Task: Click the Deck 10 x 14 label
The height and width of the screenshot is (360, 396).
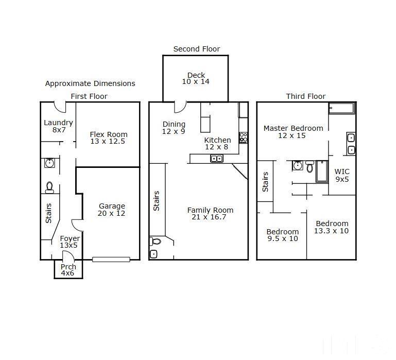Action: click(x=196, y=78)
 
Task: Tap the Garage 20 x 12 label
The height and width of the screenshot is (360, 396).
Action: click(x=112, y=210)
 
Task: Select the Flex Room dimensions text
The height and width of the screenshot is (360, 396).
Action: click(x=108, y=141)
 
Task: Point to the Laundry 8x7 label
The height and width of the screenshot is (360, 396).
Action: click(x=58, y=126)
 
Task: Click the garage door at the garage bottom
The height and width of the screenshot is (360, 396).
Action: click(x=111, y=259)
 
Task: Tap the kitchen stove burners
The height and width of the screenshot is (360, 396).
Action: click(x=243, y=138)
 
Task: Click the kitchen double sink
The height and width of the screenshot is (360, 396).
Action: click(x=217, y=159)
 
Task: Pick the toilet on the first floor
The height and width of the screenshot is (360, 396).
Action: click(x=49, y=187)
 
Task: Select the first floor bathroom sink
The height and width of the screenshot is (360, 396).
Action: click(x=49, y=163)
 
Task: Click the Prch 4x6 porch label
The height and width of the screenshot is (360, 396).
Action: click(x=68, y=270)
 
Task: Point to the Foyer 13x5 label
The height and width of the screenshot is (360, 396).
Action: click(x=70, y=242)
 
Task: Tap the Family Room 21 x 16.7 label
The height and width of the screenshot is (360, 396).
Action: click(x=210, y=213)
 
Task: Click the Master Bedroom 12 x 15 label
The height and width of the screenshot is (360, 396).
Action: click(x=293, y=132)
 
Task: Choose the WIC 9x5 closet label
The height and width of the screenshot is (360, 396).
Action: click(x=342, y=175)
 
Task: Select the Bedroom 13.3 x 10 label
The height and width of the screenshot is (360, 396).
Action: click(x=332, y=227)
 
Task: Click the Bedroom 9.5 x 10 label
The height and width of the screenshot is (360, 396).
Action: click(x=283, y=235)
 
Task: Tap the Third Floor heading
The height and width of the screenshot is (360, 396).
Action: click(x=305, y=96)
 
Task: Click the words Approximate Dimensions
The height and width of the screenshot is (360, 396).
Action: click(x=90, y=83)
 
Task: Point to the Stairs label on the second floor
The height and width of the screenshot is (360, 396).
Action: click(x=157, y=201)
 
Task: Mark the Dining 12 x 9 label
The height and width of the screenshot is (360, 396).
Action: click(x=174, y=128)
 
